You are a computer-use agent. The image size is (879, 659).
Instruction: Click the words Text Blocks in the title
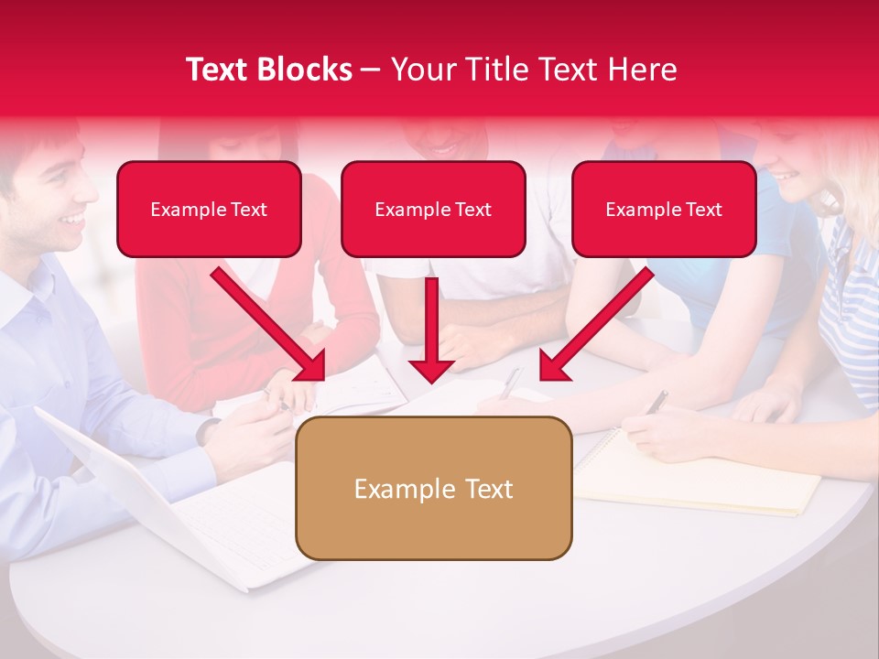pos(268,70)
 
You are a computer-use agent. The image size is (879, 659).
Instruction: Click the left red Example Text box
pos(209,210)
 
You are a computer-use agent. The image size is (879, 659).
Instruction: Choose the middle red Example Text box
pos(433,210)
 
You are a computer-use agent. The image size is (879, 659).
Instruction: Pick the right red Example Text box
pos(664,210)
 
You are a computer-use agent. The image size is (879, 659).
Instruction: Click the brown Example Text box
pos(433,489)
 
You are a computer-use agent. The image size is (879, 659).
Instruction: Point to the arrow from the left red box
pos(270,325)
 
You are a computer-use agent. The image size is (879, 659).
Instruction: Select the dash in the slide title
pos(371,70)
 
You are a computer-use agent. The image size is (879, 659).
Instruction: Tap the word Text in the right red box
pos(703,210)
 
